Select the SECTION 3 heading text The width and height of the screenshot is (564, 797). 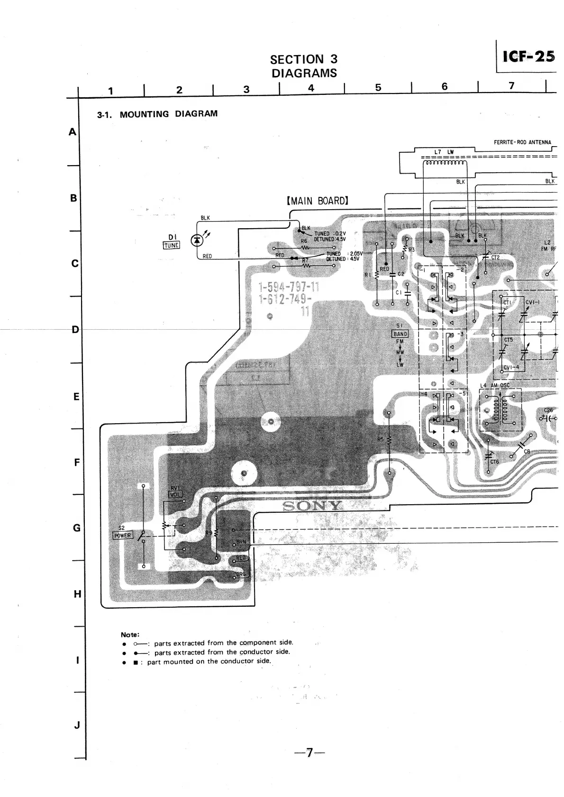coord(304,59)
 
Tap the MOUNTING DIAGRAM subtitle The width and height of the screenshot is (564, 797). coord(168,114)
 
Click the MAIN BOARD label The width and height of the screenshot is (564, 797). coord(318,201)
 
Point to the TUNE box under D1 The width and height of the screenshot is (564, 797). coord(171,245)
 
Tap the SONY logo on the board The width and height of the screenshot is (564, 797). coord(312,506)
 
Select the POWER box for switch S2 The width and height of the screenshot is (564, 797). coord(122,536)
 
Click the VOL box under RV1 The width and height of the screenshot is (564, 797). coord(175,494)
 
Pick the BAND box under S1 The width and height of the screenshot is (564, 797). coord(400,334)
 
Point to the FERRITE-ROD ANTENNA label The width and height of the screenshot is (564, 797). coord(522,142)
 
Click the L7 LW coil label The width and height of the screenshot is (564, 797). coord(444,152)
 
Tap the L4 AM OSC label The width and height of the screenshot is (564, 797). coord(494,386)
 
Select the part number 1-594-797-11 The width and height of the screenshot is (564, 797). coord(289,287)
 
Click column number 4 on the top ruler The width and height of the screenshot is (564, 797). coord(311,88)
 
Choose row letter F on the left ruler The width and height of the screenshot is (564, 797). coord(77,462)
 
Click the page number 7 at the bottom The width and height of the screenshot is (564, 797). coord(309,752)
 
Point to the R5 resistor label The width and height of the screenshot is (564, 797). coord(380,440)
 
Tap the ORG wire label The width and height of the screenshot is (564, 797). coord(241,575)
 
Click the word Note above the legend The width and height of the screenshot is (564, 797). coord(130,634)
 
